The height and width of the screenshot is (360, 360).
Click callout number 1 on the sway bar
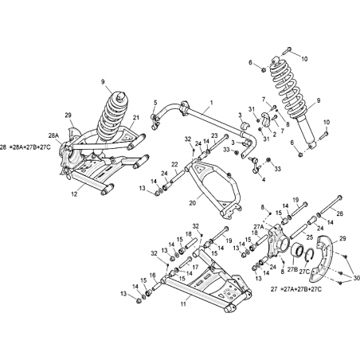pyautogui.click(x=212, y=102)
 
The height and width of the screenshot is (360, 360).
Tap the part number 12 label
pyautogui.click(x=74, y=194)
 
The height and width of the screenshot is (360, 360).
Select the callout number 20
pyautogui.click(x=193, y=203)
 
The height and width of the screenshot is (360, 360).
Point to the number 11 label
pyautogui.click(x=183, y=304)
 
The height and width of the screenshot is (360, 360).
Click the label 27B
pyautogui.click(x=292, y=270)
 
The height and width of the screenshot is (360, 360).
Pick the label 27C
pyautogui.click(x=304, y=272)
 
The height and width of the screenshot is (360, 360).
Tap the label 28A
pyautogui.click(x=53, y=135)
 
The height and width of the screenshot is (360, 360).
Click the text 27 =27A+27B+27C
pyautogui.click(x=296, y=289)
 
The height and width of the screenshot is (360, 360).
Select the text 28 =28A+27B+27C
pyautogui.click(x=25, y=147)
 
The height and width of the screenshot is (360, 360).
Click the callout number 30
pyautogui.click(x=356, y=278)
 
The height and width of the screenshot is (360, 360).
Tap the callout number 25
pyautogui.click(x=309, y=237)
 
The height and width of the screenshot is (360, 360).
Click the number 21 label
pyautogui.click(x=136, y=118)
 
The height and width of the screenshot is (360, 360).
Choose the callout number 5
pyautogui.click(x=155, y=102)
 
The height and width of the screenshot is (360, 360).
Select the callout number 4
pyautogui.click(x=264, y=180)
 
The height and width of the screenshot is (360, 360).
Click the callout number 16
pyautogui.click(x=152, y=276)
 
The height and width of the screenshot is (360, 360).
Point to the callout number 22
pyautogui.click(x=174, y=165)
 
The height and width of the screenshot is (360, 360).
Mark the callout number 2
pyautogui.click(x=274, y=135)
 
